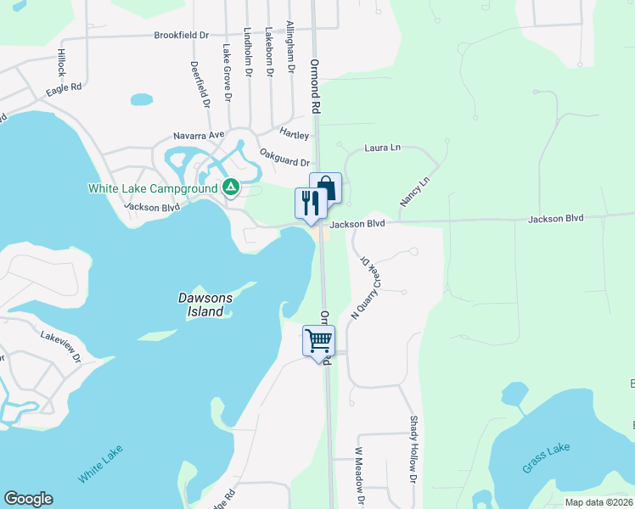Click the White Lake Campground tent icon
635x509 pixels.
coord(230,187)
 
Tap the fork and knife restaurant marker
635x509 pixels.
coord(310,204)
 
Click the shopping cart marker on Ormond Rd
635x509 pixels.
coord(318,341)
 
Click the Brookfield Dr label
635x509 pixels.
coord(181,36)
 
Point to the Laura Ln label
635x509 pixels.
coord(382,148)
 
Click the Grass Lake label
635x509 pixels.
coord(547,458)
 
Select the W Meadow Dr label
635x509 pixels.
coord(360,476)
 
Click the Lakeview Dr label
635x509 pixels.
coord(60,347)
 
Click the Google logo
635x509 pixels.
coord(28,499)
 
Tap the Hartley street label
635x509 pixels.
coord(295,134)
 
